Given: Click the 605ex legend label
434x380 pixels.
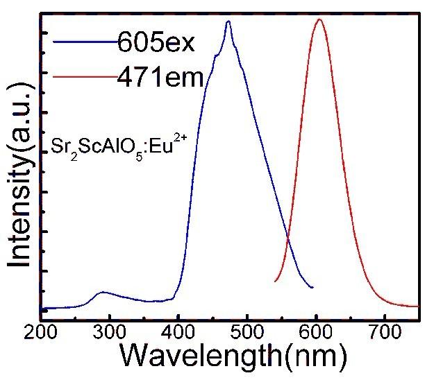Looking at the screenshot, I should pos(156,43).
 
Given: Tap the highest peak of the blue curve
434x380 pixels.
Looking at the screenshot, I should pos(228,21).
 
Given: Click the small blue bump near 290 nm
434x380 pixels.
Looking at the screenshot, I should pos(103,293).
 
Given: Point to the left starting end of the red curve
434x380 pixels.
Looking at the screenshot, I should pos(276,281).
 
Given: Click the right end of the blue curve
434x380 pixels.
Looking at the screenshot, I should pos(312,287).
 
